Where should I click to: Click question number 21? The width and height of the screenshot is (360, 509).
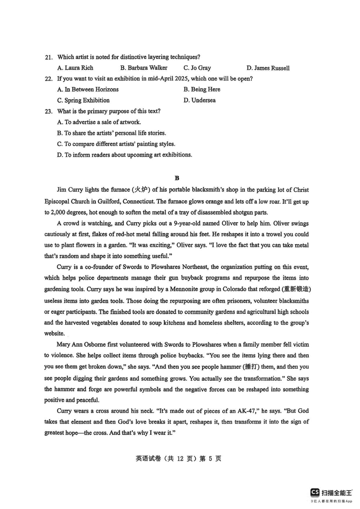[49, 57]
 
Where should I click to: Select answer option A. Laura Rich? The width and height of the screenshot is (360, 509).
[75, 68]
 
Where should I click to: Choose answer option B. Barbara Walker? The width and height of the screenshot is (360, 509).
[144, 68]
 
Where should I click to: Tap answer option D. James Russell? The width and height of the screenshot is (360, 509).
[268, 68]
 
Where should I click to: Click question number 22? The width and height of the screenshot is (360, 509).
[49, 79]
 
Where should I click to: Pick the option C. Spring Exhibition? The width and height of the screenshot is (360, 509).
[83, 100]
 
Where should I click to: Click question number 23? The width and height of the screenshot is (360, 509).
[49, 111]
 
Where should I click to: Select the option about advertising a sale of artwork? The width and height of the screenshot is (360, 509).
[99, 122]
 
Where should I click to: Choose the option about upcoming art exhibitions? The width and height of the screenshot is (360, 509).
[125, 155]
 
